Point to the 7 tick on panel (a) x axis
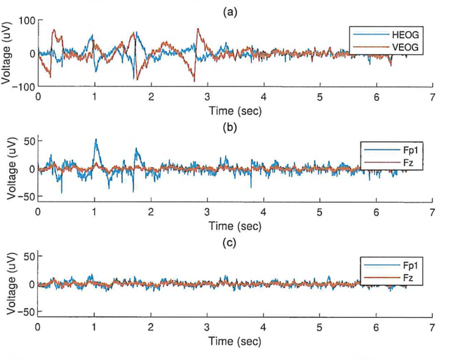(x=431, y=98)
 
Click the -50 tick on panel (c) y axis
(x=26, y=312)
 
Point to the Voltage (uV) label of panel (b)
(x=10, y=168)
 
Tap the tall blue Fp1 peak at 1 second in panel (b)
(x=95, y=140)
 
